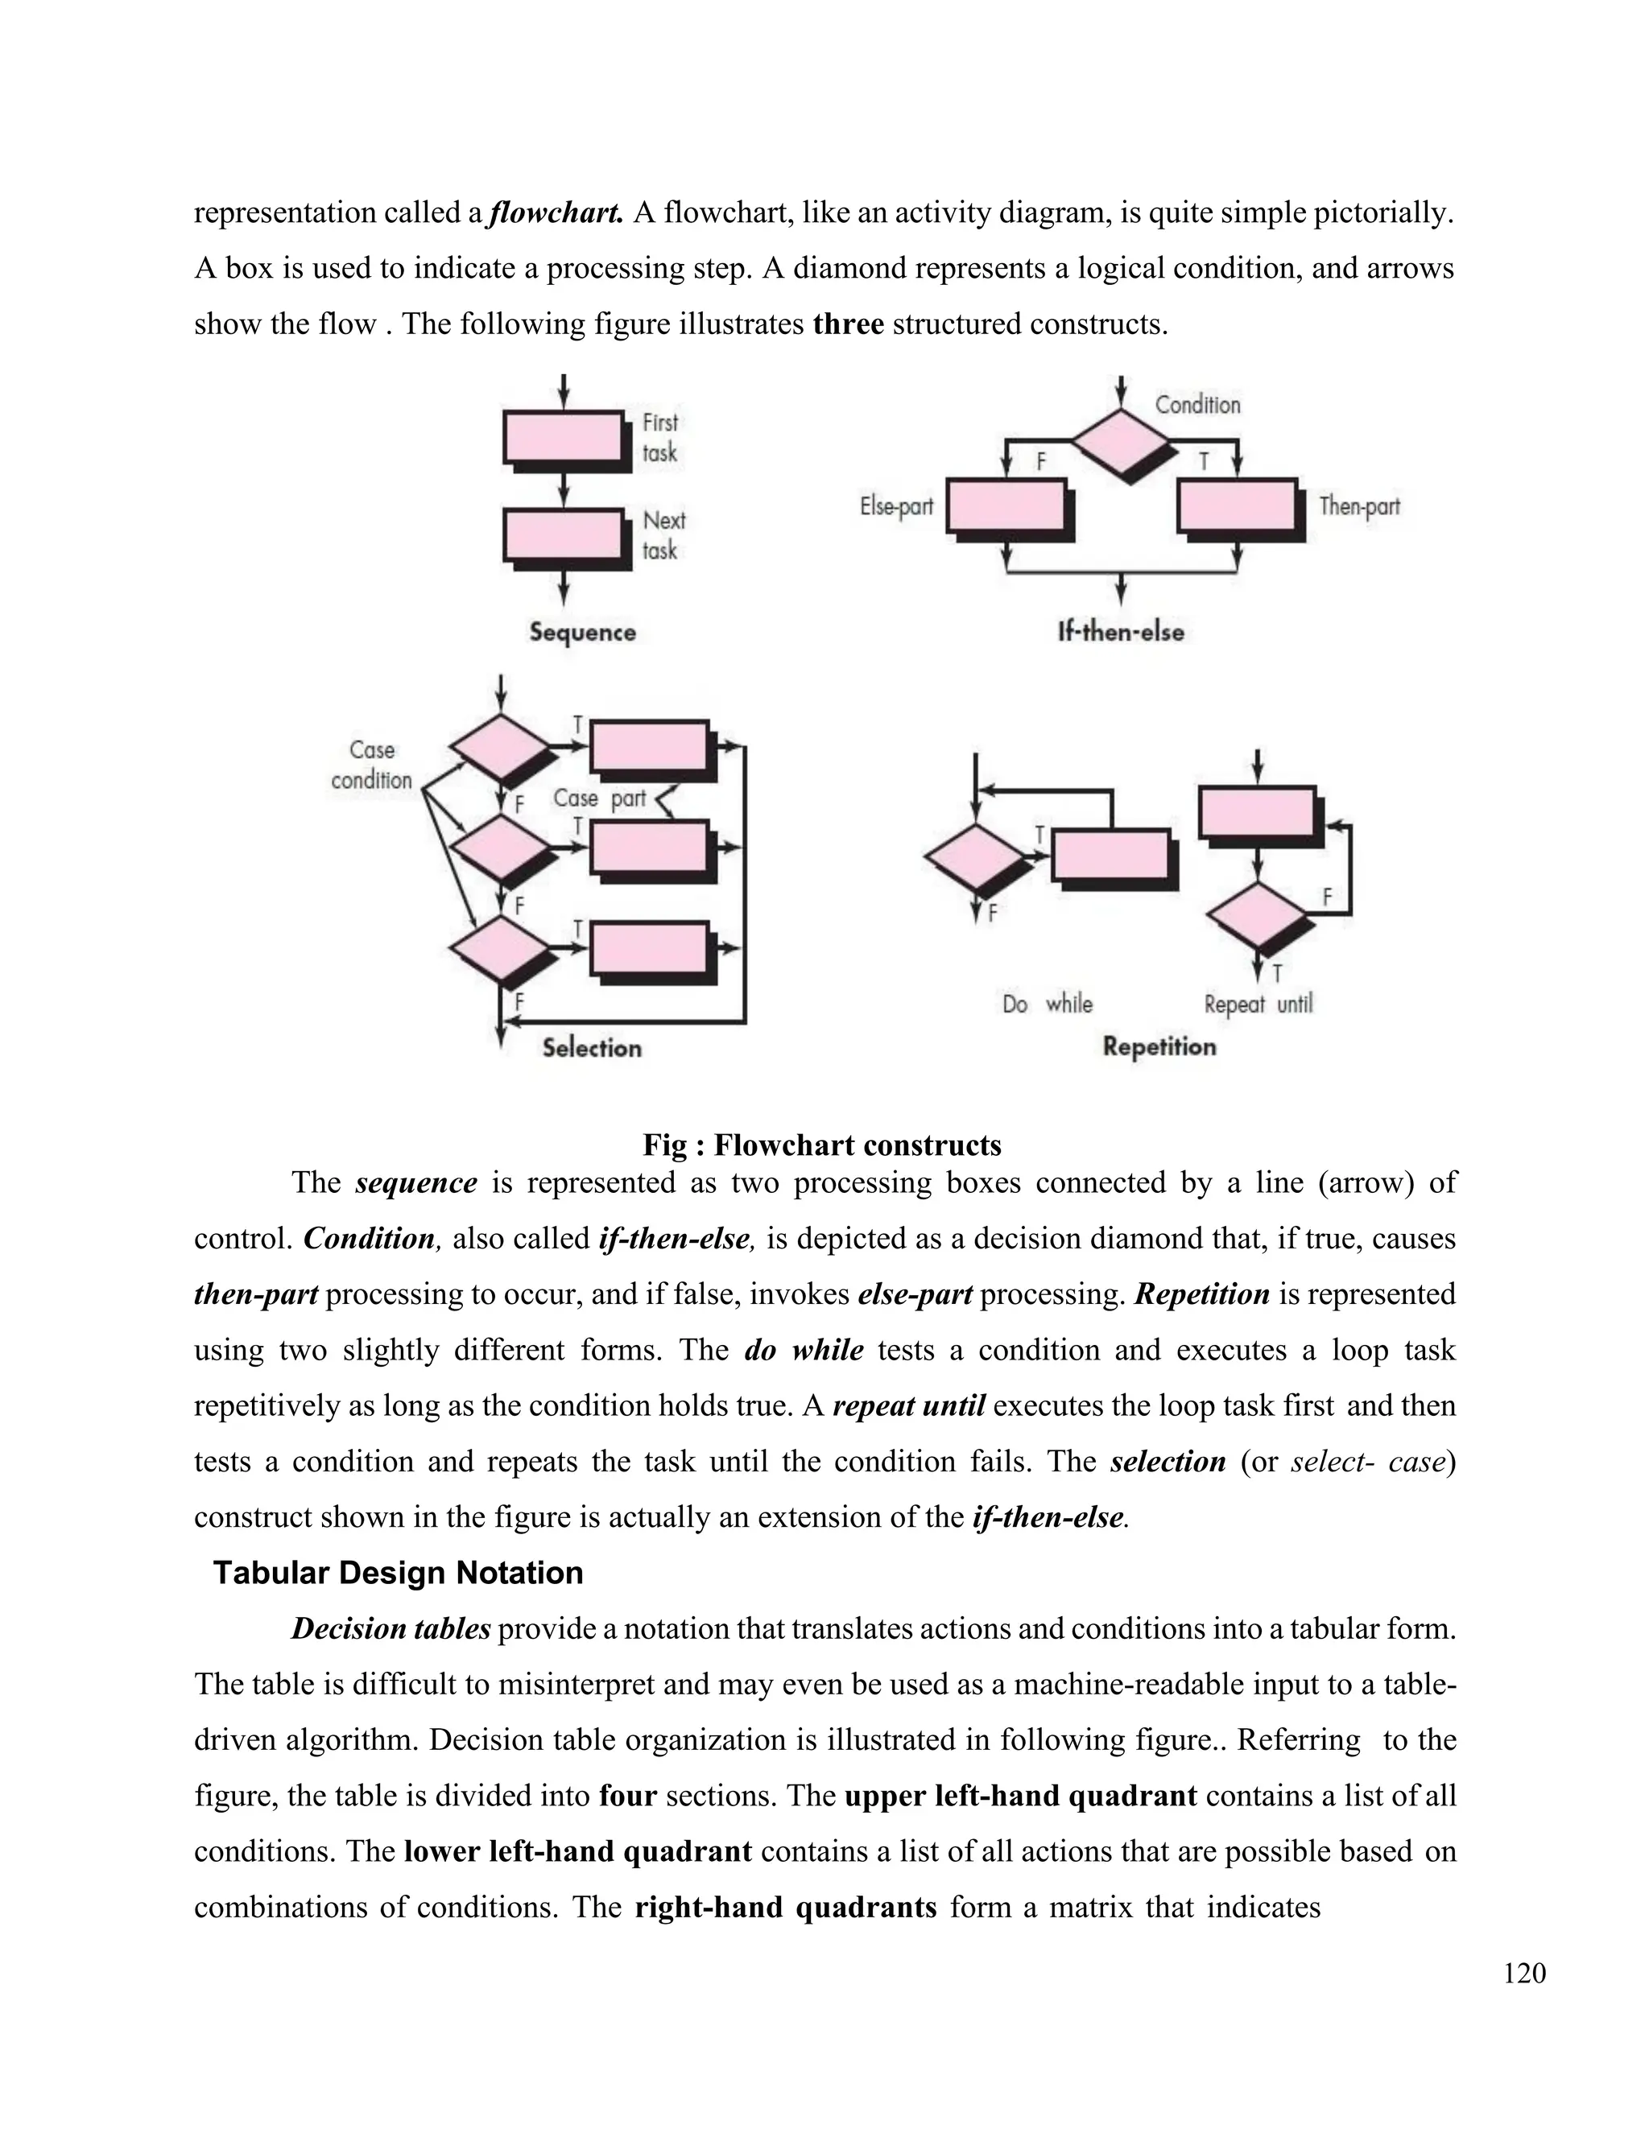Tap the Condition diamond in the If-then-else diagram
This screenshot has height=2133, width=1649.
(x=1121, y=440)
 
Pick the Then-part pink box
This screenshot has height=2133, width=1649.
(x=1238, y=506)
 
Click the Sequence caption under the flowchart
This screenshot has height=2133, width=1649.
(x=582, y=632)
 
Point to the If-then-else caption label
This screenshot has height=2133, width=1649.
(x=1121, y=632)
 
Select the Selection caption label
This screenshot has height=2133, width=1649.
(x=592, y=1048)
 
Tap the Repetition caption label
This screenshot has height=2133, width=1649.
(x=1159, y=1047)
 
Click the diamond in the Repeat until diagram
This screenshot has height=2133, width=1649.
(x=1257, y=914)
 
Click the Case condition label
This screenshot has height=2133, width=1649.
(x=371, y=765)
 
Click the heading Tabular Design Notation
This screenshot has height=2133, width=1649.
(x=399, y=1574)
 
